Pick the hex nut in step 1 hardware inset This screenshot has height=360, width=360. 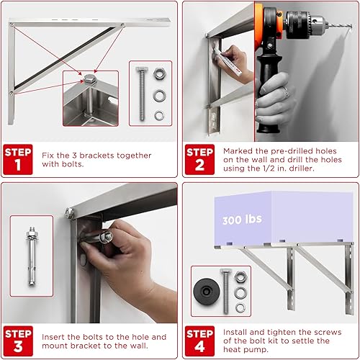pyautogui.click(x=159, y=76)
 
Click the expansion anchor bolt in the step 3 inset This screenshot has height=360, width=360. pyautogui.click(x=32, y=260)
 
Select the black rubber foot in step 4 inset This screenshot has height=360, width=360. pyautogui.click(x=207, y=292)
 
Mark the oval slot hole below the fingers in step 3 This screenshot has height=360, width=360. pyautogui.click(x=86, y=259)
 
